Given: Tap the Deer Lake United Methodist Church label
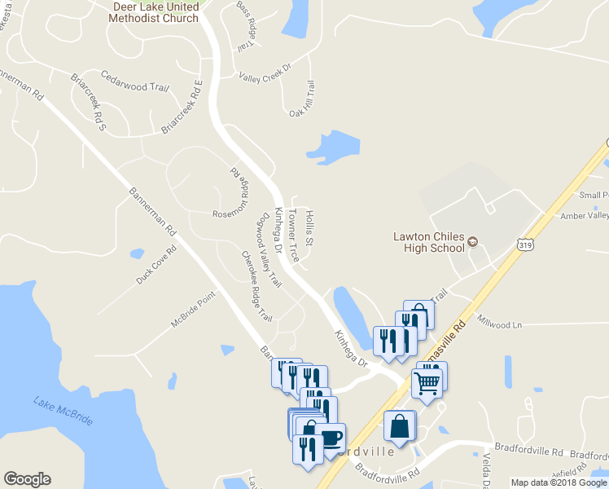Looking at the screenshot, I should [x=155, y=12].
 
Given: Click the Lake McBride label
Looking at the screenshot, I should [x=63, y=410].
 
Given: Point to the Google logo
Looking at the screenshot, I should [x=27, y=479].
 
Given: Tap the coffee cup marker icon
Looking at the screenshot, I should [x=331, y=438].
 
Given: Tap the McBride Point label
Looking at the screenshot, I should [x=192, y=310].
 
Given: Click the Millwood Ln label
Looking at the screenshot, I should [x=499, y=324].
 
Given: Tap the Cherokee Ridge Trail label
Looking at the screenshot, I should [x=256, y=285].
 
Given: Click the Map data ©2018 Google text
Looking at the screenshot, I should [x=559, y=482].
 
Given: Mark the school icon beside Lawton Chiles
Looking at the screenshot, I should [x=471, y=242].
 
